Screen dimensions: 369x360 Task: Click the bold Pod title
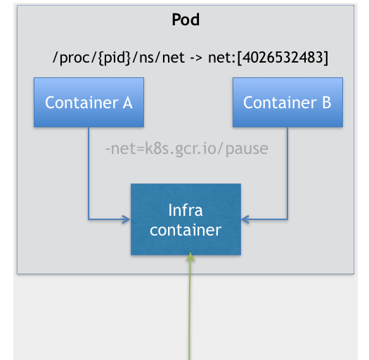186,19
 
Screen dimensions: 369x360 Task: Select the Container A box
89,103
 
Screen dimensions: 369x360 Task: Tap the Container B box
287,103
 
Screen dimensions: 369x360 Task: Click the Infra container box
186,219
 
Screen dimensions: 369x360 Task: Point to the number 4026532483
283,58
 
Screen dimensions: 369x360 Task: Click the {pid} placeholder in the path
114,58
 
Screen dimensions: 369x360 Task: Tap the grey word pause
247,150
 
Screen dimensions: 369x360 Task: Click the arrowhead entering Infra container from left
127,219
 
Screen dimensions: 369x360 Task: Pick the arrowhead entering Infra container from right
245,219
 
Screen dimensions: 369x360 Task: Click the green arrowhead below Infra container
190,257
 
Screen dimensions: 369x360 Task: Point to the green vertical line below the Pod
190,306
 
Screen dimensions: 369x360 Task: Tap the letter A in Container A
127,103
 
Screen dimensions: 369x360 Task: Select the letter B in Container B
327,103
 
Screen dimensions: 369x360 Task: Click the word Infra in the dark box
186,210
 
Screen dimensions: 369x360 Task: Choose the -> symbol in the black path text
196,58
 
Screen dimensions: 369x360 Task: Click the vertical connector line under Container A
89,173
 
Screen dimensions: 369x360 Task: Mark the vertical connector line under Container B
287,173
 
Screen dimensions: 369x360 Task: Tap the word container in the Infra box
186,230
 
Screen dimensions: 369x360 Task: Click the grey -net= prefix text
124,149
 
